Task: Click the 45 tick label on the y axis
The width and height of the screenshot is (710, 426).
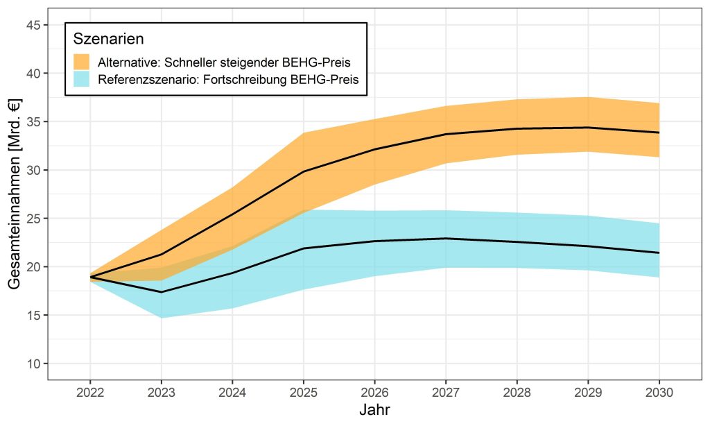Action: [x=33, y=25]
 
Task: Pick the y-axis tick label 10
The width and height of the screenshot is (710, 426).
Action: [x=33, y=364]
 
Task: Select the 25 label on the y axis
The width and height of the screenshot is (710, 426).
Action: [x=33, y=219]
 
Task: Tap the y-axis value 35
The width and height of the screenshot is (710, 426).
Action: [x=33, y=121]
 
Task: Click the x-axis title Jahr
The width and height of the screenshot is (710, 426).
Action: [x=374, y=409]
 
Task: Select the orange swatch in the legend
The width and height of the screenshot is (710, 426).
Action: [x=82, y=61]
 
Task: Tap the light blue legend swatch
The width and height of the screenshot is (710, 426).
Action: [x=82, y=79]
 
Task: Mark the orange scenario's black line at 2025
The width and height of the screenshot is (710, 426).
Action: [x=303, y=171]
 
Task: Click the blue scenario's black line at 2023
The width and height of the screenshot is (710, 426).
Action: [x=162, y=292]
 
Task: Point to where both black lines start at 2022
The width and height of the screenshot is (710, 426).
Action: [x=91, y=277]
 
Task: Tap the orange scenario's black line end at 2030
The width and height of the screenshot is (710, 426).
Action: [x=658, y=133]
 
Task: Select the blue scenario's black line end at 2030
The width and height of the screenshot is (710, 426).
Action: [x=658, y=253]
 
